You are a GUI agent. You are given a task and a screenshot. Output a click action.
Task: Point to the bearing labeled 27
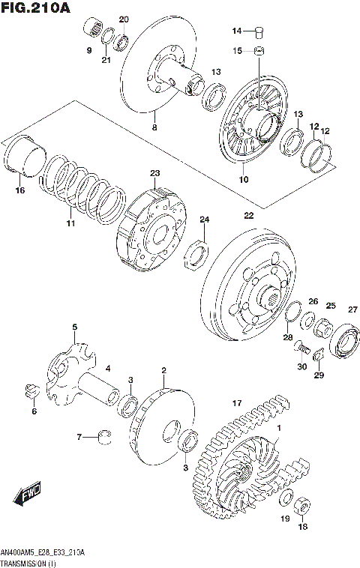347,340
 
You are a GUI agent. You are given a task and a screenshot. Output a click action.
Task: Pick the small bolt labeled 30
300,347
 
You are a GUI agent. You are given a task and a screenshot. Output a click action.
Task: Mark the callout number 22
248,215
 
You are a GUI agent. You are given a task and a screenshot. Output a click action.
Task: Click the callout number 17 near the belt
236,403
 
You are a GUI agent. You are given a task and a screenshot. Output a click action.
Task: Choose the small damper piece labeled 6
31,389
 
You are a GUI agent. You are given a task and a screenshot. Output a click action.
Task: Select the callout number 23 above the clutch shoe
155,174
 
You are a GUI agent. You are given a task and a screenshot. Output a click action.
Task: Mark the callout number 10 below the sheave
243,180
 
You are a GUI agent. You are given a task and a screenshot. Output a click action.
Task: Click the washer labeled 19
286,500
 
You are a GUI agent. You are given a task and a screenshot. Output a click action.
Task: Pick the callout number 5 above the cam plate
75,327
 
